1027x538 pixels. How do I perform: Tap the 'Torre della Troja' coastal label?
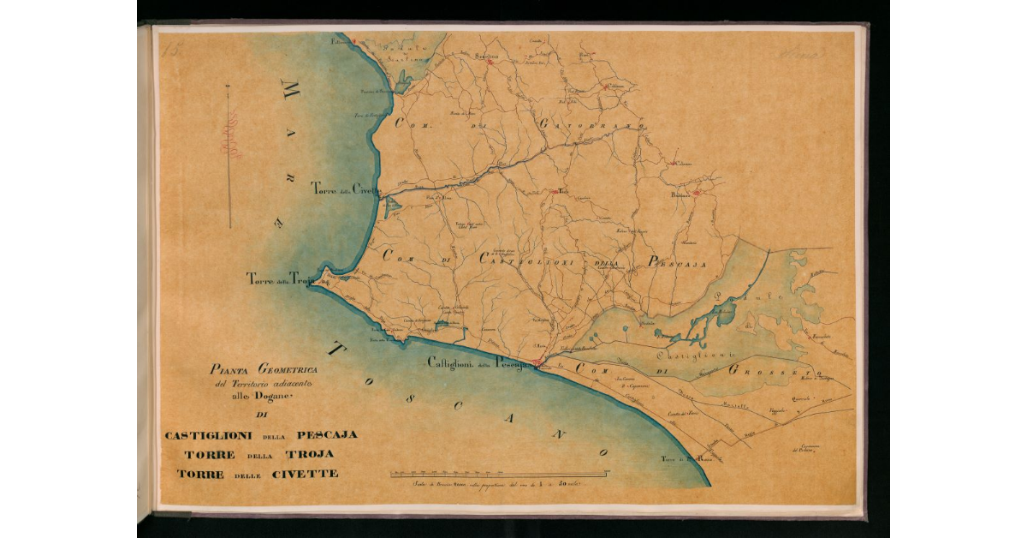click(281, 278)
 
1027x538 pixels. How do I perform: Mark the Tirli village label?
click(562, 191)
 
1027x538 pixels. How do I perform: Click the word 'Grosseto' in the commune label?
click(775, 371)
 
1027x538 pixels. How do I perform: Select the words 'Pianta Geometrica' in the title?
click(264, 369)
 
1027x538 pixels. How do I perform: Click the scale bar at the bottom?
click(499, 473)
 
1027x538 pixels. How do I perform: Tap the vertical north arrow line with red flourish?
click(229, 154)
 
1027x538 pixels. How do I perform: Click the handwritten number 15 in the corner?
click(171, 51)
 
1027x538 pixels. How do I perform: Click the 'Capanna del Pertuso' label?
click(802, 448)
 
